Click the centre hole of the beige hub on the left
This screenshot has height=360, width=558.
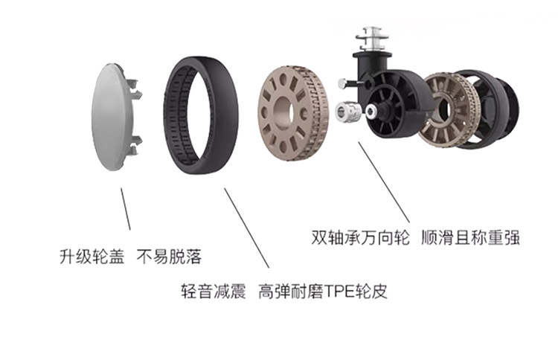click(286, 112)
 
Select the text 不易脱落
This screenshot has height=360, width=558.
click(170, 258)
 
